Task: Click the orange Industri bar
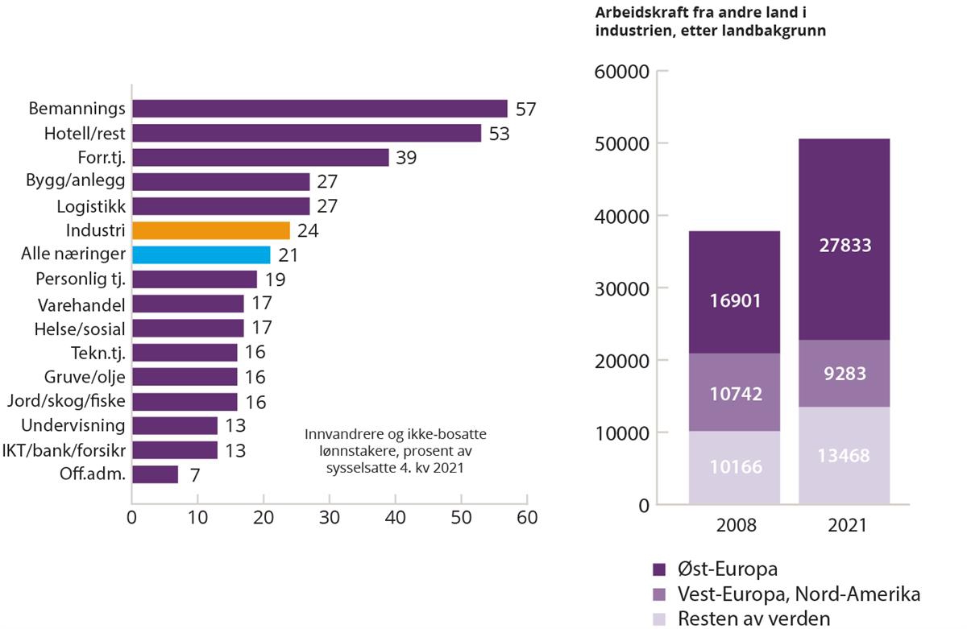coord(210,230)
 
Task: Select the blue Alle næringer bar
coord(201,255)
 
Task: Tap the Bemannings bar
coord(319,109)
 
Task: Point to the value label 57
coord(525,109)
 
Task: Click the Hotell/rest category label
coord(85,133)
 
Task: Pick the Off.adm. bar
coord(155,474)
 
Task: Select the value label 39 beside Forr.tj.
coord(407,158)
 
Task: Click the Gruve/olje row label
coord(85,377)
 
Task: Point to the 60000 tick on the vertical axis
coord(620,72)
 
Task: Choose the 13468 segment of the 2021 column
coord(844,456)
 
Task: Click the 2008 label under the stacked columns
coord(734,525)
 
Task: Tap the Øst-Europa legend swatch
coord(658,569)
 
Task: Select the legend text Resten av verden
coord(754,619)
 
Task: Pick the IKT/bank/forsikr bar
coord(174,450)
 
